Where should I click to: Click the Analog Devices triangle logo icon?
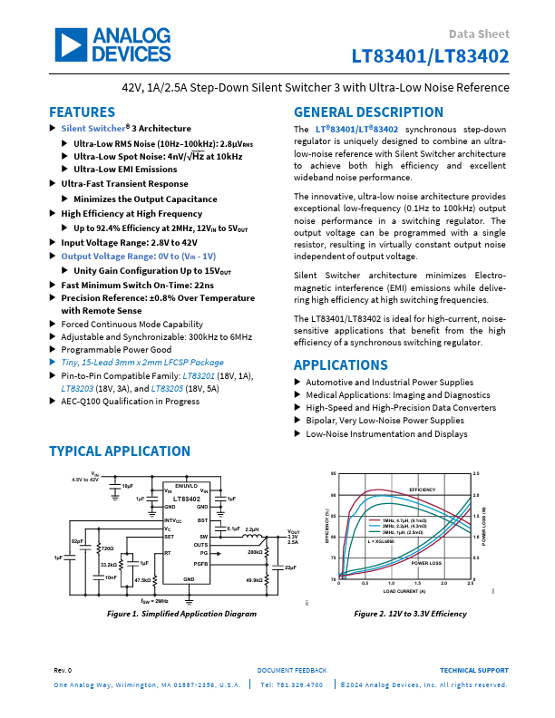pos(69,44)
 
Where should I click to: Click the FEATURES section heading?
pos(82,112)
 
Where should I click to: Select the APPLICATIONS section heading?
pos(339,365)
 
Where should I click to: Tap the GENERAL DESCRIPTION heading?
pos(368,112)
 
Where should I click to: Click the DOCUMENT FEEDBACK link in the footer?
pos(292,669)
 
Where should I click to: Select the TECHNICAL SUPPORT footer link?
pos(473,669)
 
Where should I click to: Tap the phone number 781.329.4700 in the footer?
pos(296,684)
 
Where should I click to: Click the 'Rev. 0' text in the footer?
pos(63,669)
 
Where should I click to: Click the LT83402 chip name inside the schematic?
pos(188,499)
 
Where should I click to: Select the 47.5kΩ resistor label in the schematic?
pos(142,579)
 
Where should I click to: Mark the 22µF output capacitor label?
pos(291,567)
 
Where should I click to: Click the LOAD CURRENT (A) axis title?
pos(404,590)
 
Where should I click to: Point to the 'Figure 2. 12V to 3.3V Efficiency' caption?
pos(411,614)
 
